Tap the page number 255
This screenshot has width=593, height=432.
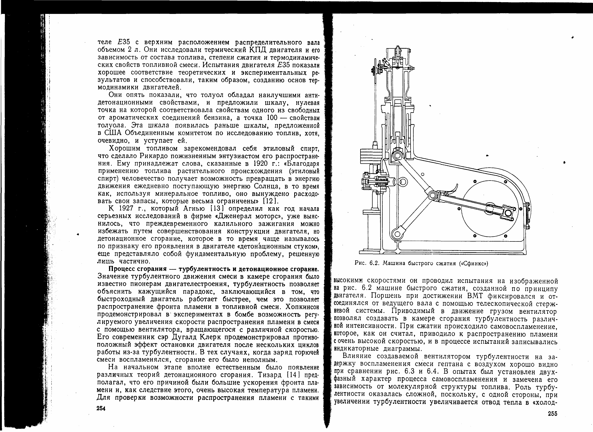(x=552, y=414)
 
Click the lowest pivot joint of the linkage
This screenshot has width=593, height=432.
(x=397, y=233)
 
